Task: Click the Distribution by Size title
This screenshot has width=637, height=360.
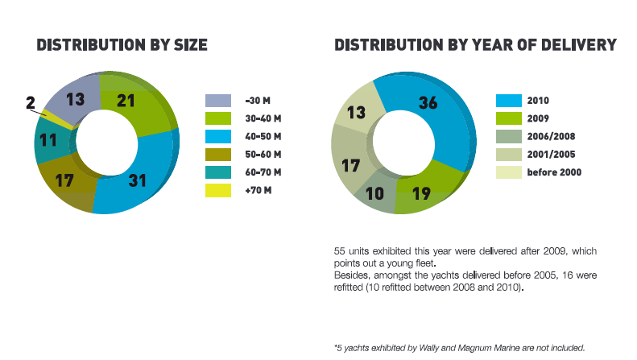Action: (122, 45)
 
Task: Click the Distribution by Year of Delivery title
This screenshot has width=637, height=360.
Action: (475, 45)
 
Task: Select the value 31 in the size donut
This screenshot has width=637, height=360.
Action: (138, 180)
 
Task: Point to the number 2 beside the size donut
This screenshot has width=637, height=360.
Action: (31, 103)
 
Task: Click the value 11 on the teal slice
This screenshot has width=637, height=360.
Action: (48, 139)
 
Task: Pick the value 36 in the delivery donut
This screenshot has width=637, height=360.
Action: (428, 102)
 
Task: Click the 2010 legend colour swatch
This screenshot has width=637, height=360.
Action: (508, 101)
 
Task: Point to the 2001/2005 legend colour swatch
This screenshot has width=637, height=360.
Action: (508, 154)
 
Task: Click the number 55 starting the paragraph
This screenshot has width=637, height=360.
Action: (340, 251)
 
